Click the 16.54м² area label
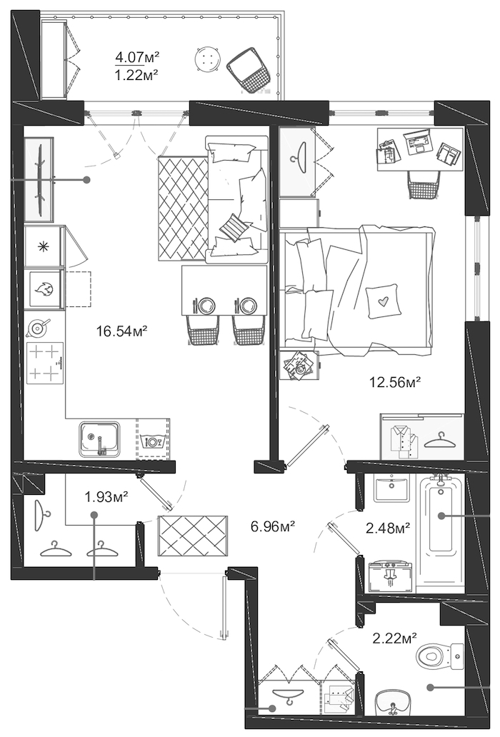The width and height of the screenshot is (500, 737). pos(122,331)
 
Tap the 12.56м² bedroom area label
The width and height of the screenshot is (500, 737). pos(395,382)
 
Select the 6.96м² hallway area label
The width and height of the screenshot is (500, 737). pos(273,526)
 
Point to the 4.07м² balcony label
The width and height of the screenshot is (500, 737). pos(137,58)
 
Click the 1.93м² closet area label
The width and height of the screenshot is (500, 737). pos(106,496)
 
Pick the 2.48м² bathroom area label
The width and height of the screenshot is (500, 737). pos(388,528)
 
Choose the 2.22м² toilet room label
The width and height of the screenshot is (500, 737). pos(395,638)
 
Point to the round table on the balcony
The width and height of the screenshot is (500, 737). pos(206,59)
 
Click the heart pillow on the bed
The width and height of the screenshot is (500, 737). pos(384,301)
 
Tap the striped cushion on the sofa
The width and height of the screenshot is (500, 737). pos(233,228)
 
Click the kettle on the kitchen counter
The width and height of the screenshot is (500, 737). pos(38,328)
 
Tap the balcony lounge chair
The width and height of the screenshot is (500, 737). pos(249,70)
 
